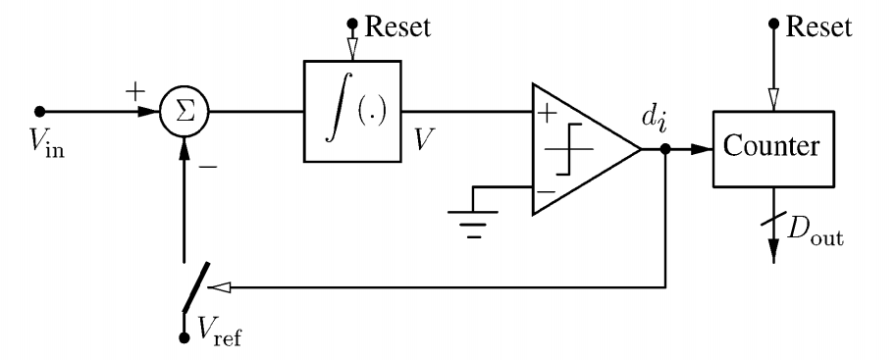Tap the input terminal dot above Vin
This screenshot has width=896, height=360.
pyautogui.click(x=40, y=111)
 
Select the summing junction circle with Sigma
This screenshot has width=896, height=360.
pyautogui.click(x=184, y=111)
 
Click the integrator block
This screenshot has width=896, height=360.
pyautogui.click(x=350, y=110)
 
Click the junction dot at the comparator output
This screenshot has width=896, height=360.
pyautogui.click(x=667, y=150)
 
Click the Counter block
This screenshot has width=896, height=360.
pyautogui.click(x=771, y=150)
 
